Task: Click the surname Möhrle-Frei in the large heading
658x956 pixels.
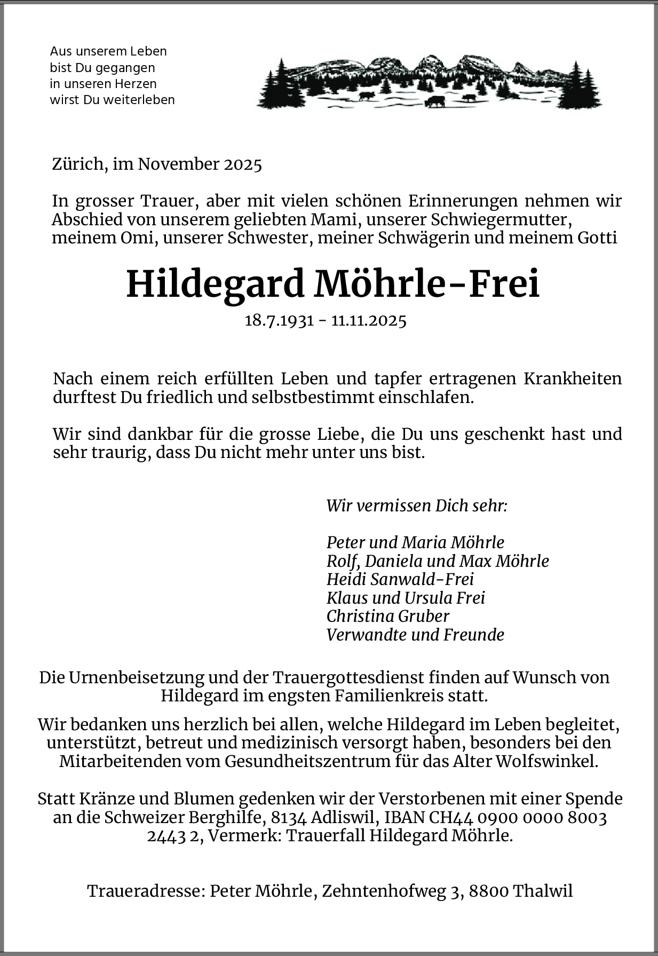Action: [427, 284]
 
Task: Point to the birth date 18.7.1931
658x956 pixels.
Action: [279, 321]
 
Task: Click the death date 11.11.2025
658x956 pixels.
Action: [369, 321]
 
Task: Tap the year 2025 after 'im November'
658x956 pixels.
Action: [243, 164]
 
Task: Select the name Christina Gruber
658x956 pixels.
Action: [388, 616]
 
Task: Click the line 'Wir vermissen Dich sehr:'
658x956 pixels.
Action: [417, 505]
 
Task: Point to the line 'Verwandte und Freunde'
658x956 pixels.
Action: [415, 635]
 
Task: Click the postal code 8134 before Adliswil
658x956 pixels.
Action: [288, 818]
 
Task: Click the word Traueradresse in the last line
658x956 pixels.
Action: [145, 891]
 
